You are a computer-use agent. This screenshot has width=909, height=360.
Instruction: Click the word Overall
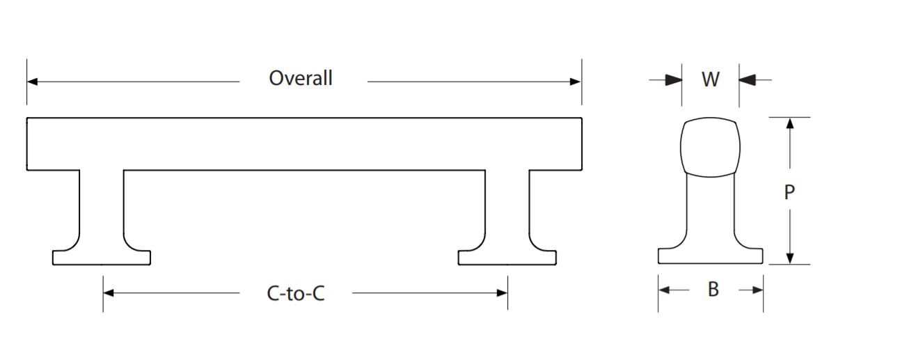(x=301, y=78)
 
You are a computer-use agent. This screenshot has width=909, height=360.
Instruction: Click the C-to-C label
(x=296, y=294)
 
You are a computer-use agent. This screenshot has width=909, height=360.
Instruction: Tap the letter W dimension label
(x=710, y=79)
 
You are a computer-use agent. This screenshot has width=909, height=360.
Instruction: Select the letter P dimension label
(x=789, y=192)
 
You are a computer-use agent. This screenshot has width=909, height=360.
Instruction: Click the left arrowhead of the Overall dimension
(x=32, y=81)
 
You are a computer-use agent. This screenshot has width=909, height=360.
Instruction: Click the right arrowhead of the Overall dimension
(x=576, y=81)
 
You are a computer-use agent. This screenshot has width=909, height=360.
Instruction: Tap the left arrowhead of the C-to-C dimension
(x=108, y=293)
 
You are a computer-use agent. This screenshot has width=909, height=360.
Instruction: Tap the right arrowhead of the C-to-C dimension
(x=503, y=293)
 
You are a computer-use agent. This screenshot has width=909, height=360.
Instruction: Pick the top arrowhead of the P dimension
(x=789, y=123)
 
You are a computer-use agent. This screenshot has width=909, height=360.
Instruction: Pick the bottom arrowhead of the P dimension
(x=789, y=258)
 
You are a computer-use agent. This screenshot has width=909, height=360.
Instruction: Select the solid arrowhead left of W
(x=673, y=80)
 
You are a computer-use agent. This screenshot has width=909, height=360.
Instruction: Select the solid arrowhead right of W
(x=747, y=80)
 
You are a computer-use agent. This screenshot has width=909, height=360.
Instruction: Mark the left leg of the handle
(x=102, y=209)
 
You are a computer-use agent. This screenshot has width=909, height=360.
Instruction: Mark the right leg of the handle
(x=507, y=209)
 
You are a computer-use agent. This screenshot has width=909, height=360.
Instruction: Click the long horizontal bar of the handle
(x=304, y=143)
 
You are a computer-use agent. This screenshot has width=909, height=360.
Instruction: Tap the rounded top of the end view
(x=709, y=146)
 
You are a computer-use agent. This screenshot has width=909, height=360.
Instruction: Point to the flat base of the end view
(x=710, y=256)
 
